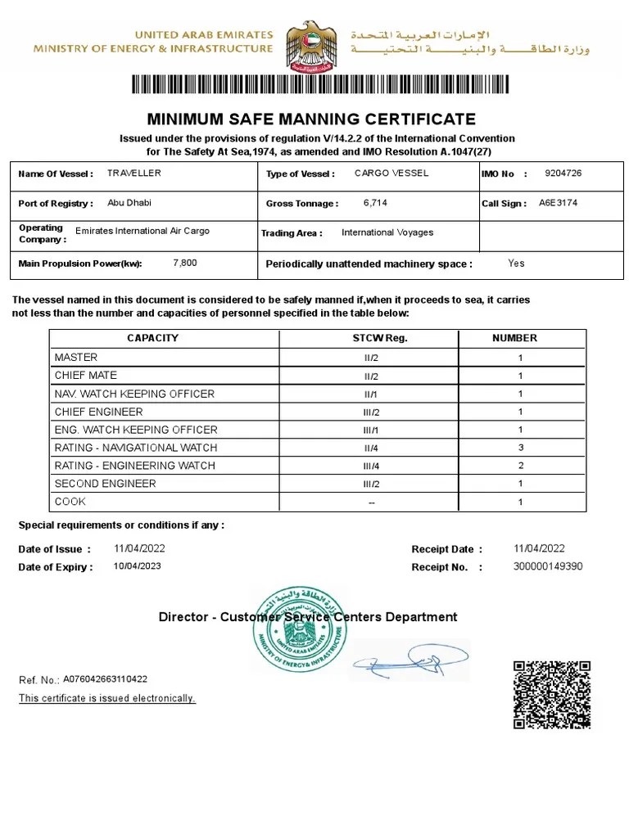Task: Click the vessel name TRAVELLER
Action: [134, 173]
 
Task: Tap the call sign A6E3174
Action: [558, 203]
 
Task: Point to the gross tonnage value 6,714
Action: [374, 203]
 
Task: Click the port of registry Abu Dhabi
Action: [129, 203]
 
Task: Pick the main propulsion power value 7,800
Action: [185, 263]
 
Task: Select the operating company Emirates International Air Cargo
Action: [143, 231]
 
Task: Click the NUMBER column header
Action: [514, 338]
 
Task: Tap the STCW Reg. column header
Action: [373, 338]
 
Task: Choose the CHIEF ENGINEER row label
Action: [98, 412]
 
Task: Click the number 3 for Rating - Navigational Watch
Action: [520, 448]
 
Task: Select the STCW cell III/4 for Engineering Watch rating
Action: [372, 466]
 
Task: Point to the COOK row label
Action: [70, 502]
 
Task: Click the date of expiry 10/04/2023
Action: [138, 566]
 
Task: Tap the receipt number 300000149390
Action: [548, 566]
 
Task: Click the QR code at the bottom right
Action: [551, 694]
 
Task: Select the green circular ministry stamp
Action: [299, 628]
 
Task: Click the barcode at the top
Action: [319, 85]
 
